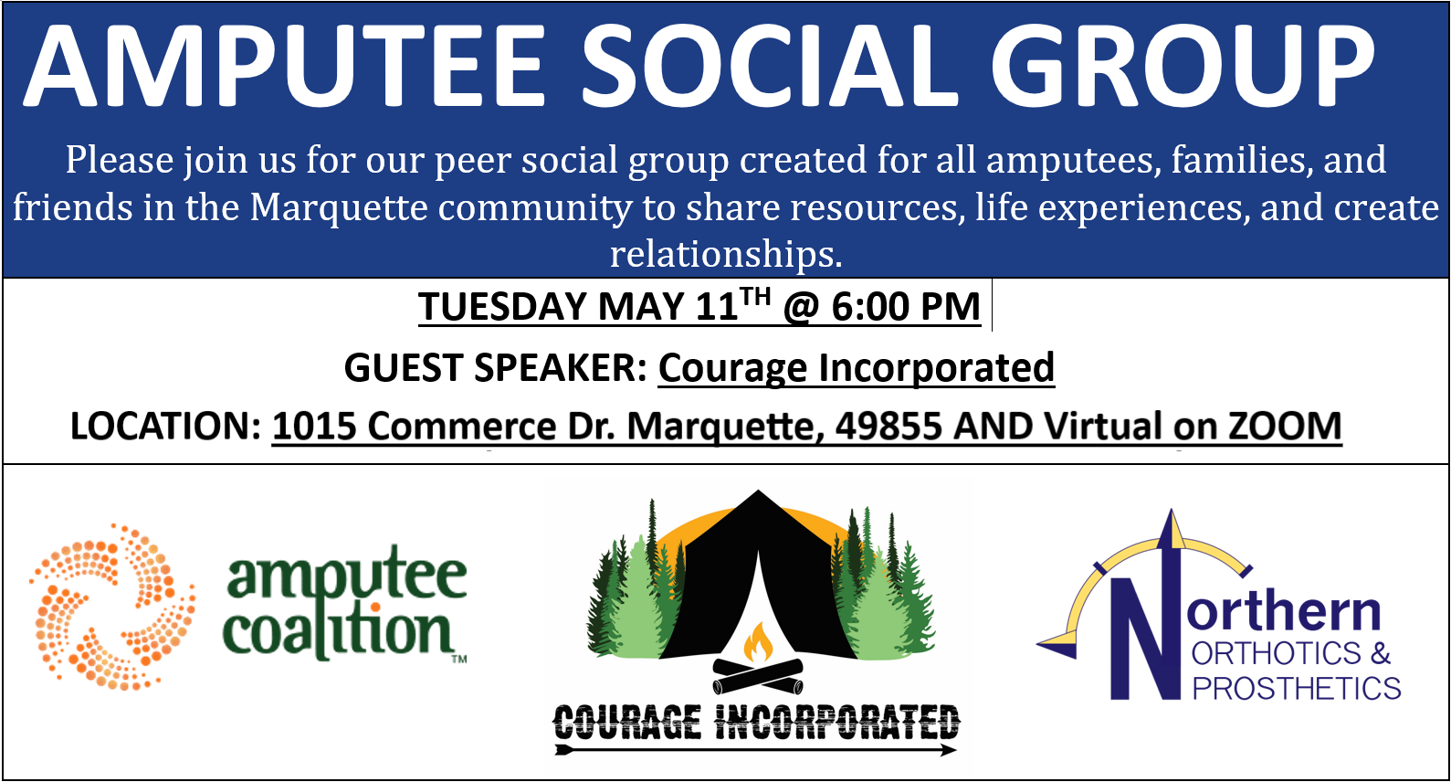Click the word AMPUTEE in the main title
click(285, 66)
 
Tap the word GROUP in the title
click(1183, 66)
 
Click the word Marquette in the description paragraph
click(339, 208)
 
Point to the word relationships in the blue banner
click(725, 253)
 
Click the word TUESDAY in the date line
click(502, 306)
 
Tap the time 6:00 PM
click(906, 306)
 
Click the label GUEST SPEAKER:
click(496, 368)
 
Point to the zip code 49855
click(888, 427)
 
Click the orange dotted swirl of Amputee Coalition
click(112, 607)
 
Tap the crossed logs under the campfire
click(758, 676)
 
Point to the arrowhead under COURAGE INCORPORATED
click(949, 750)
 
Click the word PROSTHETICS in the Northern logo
click(1296, 688)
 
